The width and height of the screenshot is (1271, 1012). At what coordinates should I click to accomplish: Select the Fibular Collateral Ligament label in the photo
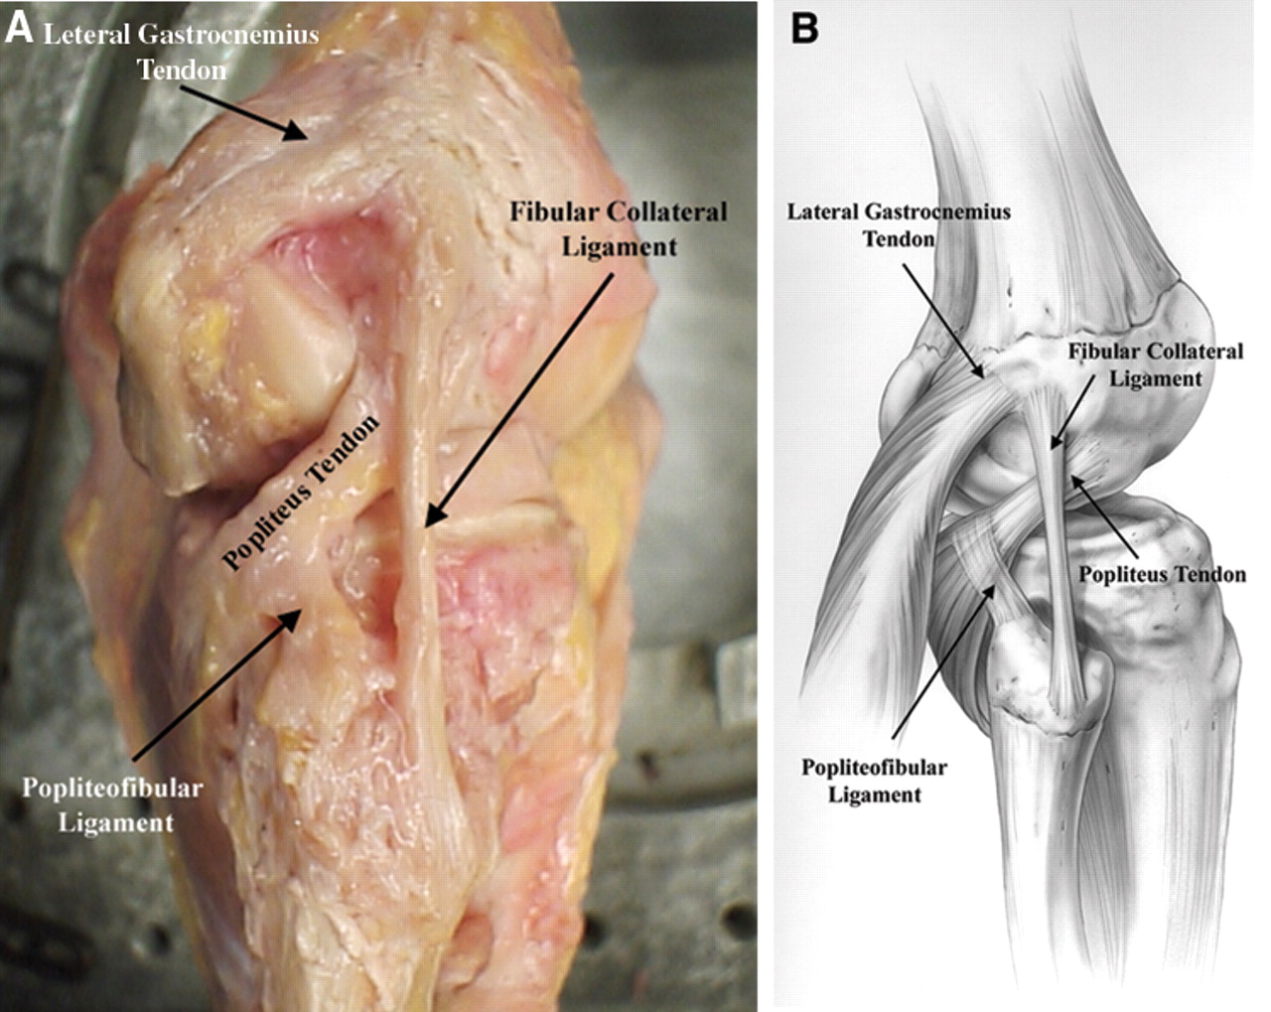(619, 228)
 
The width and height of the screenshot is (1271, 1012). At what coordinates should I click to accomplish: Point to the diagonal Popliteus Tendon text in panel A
(301, 494)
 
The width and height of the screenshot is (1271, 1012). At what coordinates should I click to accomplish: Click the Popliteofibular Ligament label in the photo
(113, 805)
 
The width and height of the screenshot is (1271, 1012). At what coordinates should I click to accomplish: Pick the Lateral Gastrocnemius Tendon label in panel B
(899, 224)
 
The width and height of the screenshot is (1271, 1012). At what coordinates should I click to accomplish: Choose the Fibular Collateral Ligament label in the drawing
(1156, 364)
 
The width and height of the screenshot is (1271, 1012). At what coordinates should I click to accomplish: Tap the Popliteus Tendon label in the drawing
(1162, 575)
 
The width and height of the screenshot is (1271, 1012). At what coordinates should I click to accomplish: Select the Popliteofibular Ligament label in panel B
(874, 781)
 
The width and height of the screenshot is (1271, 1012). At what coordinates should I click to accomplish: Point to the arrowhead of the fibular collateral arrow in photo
(426, 523)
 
